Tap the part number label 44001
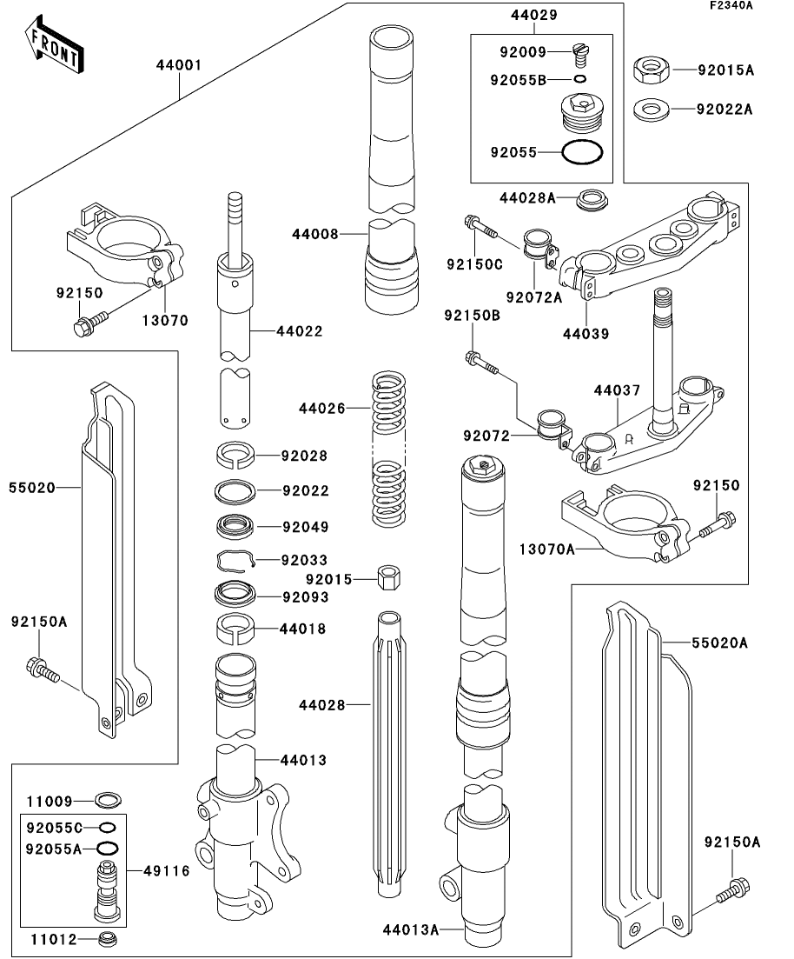click(x=179, y=64)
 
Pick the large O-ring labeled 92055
click(x=582, y=152)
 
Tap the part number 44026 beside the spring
click(x=321, y=407)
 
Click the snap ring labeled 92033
click(x=235, y=559)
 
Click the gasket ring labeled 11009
click(x=108, y=799)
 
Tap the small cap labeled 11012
click(x=108, y=938)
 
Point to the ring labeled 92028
click(x=235, y=454)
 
